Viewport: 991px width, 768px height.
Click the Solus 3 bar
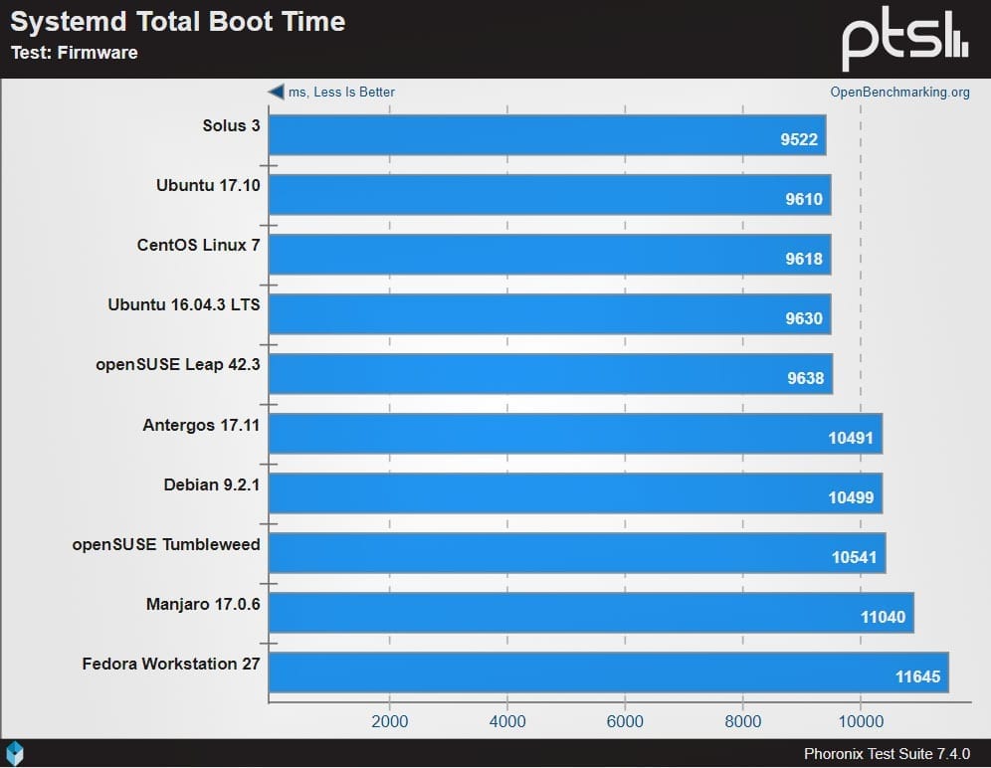click(x=547, y=135)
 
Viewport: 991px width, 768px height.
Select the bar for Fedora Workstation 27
click(x=607, y=672)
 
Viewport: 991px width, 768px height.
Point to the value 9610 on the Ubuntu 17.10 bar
click(x=803, y=199)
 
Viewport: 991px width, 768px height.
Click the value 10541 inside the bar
click(x=854, y=557)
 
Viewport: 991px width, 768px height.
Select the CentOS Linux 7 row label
click(x=198, y=245)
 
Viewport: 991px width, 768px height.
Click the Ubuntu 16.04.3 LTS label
click(x=183, y=304)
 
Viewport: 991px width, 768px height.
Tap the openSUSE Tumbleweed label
click(x=166, y=544)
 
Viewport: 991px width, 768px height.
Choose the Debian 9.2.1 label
click(x=211, y=484)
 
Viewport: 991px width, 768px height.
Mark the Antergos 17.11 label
click(x=201, y=425)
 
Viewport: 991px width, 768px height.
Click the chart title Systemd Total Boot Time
click(x=178, y=22)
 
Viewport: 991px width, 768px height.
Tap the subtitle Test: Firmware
click(x=74, y=53)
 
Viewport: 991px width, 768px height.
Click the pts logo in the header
click(x=904, y=40)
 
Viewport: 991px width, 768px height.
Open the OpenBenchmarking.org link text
click(x=899, y=93)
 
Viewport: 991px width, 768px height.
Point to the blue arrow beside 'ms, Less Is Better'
click(x=276, y=92)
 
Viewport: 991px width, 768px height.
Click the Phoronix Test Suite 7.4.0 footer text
click(x=887, y=754)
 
